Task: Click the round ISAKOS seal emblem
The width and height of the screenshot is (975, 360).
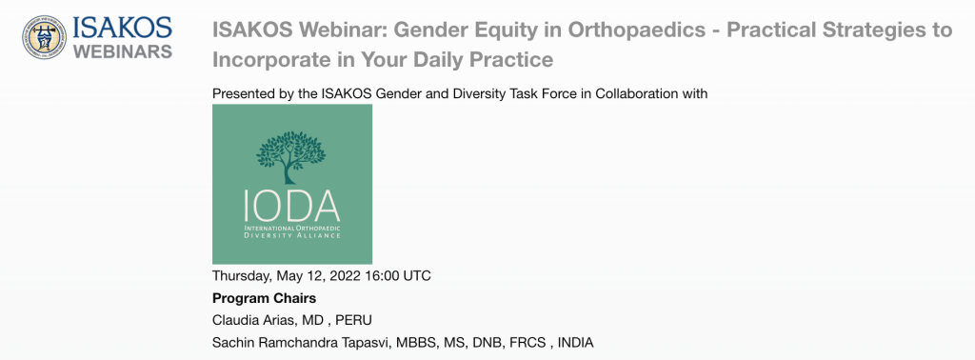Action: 44,37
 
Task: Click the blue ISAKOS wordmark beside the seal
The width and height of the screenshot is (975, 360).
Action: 123,28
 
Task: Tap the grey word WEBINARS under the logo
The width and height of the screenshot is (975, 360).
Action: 123,51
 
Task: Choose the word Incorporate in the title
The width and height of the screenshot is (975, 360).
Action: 269,60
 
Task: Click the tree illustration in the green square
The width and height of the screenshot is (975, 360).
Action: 290,156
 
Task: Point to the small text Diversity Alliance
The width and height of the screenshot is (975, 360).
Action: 292,236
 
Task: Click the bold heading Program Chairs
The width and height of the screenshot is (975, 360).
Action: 265,298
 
